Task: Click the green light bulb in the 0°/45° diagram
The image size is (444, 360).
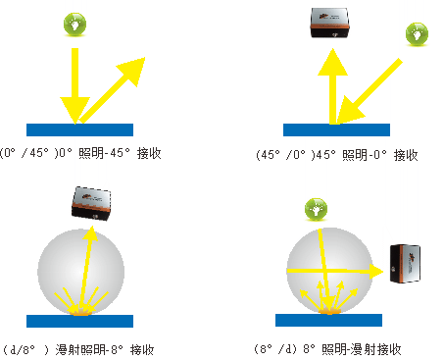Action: (x=74, y=25)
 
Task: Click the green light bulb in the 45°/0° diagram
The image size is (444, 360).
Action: (x=417, y=34)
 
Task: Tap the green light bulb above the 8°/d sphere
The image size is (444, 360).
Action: (x=316, y=209)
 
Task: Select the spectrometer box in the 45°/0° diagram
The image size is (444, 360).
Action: (x=329, y=23)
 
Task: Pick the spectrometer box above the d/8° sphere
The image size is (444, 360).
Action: (x=91, y=203)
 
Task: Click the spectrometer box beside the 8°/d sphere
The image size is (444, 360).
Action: (x=405, y=263)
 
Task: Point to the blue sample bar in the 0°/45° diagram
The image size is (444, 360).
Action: (x=79, y=129)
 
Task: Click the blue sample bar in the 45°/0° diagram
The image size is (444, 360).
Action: (x=336, y=129)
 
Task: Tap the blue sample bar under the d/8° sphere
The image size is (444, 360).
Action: (x=79, y=321)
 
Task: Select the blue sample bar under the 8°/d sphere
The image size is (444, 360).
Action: (x=328, y=320)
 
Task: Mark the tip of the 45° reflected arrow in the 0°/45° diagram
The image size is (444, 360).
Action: (x=145, y=58)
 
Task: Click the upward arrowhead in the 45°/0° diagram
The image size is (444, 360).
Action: (x=332, y=62)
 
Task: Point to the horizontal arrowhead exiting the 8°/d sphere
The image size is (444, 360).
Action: (x=376, y=271)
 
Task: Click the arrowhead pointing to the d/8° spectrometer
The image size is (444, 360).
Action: (x=92, y=232)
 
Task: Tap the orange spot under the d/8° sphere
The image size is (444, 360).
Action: (x=79, y=313)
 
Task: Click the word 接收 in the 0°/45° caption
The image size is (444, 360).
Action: (x=149, y=153)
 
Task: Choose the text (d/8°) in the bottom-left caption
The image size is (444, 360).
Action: (x=25, y=350)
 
